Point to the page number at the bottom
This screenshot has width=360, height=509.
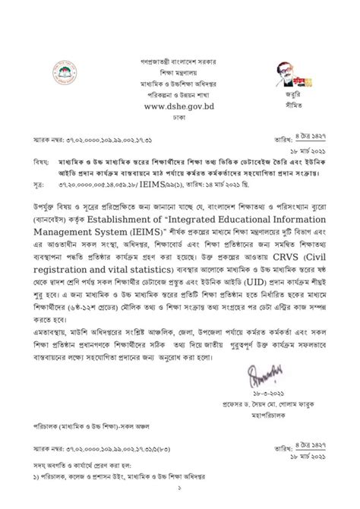180,502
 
